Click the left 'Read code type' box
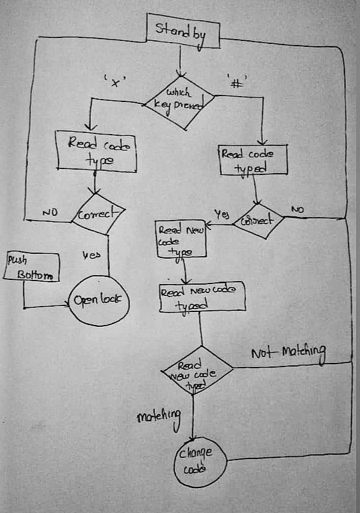point(95,151)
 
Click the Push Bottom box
point(32,267)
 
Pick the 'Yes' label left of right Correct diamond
point(221,213)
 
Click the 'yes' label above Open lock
point(90,256)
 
